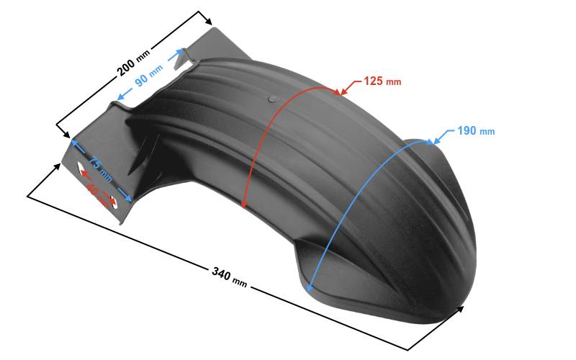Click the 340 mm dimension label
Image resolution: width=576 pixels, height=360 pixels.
pos(229,277)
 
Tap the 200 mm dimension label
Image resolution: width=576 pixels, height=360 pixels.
pos(133,63)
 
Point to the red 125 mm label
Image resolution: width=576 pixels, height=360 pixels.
pos(382,81)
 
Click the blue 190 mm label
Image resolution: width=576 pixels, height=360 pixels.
pos(476,131)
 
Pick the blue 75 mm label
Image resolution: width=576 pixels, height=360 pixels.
pos(100,168)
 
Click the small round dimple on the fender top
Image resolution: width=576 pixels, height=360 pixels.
pos(272,99)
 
